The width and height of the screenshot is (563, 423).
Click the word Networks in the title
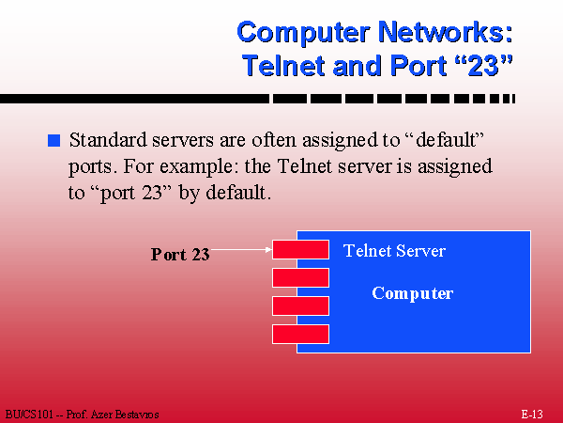445,32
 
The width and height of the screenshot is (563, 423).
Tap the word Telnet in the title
283,66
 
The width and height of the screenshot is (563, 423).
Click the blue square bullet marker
53,140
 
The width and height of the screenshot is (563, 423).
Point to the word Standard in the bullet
108,139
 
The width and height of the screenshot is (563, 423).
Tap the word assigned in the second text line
454,167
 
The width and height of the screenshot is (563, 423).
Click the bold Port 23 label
180,255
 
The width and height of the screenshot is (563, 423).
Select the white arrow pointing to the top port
241,249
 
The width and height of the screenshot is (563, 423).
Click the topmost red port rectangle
300,249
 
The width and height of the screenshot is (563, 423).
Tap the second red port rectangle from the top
300,277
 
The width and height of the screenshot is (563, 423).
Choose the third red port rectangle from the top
300,305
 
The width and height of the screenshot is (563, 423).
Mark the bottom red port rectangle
300,334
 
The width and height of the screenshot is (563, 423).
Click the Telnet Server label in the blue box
394,251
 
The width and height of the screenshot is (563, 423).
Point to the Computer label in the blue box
413,293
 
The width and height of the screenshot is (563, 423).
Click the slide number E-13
532,415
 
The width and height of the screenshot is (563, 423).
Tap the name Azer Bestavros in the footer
125,415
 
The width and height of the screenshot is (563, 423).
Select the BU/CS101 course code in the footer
29,415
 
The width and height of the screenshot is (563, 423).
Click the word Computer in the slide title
303,33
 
